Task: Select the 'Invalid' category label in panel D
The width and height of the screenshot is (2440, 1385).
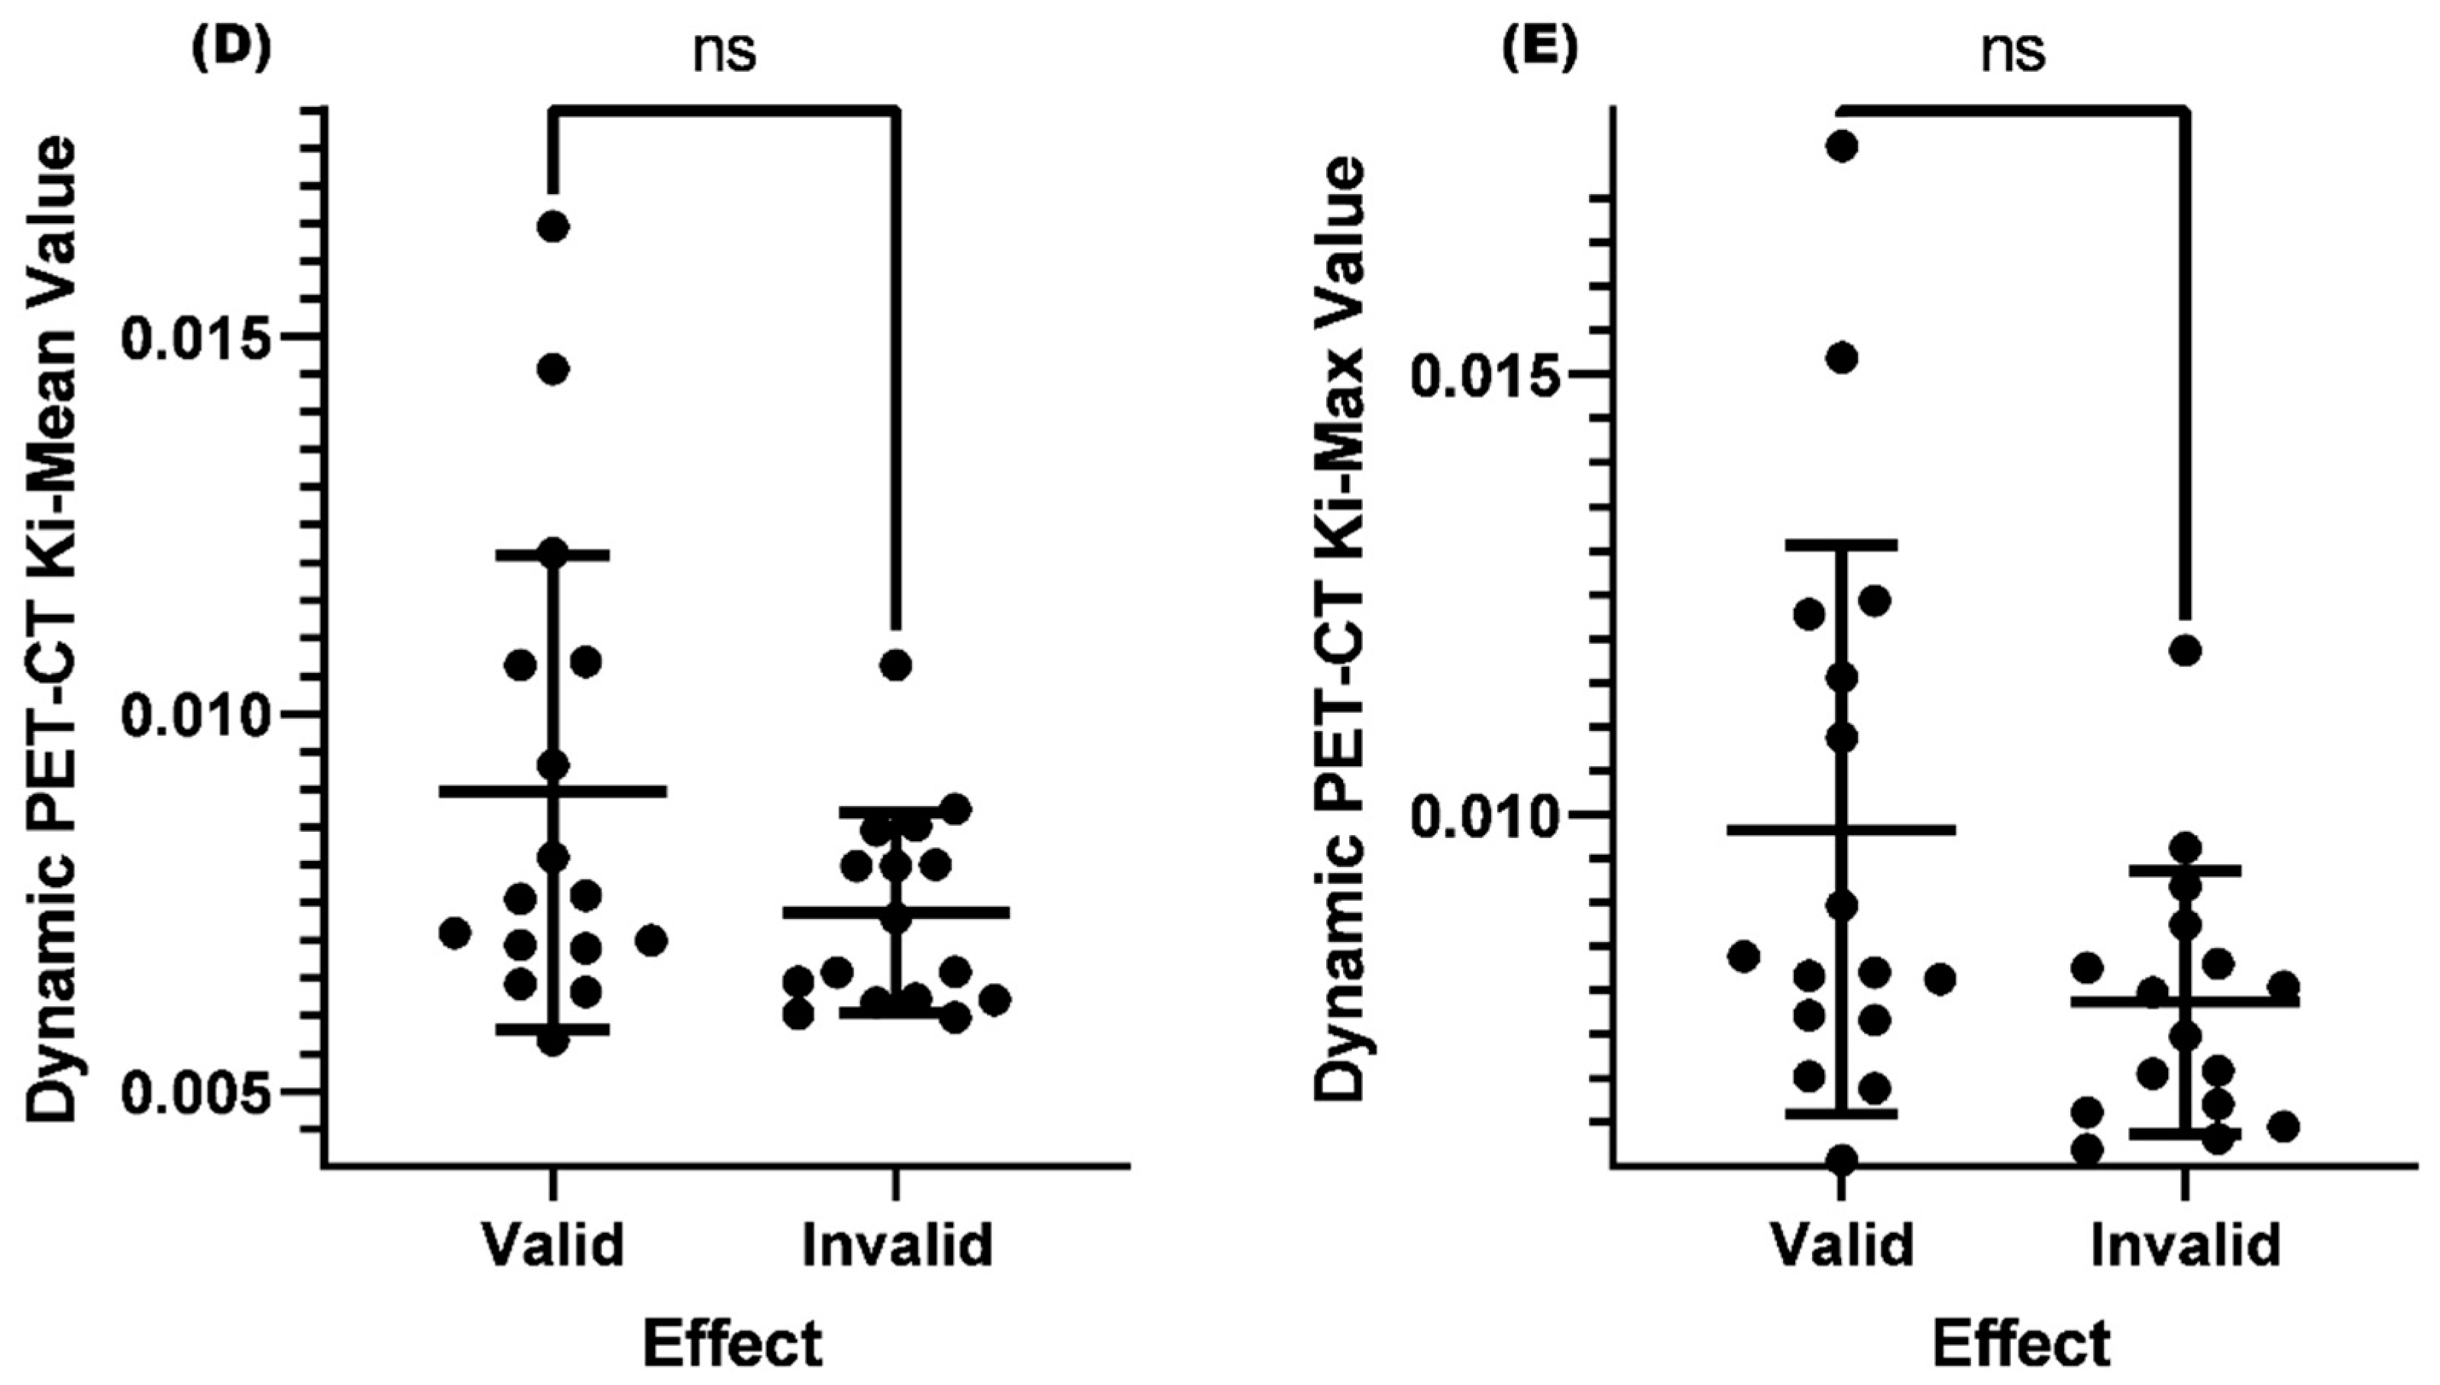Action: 896,1244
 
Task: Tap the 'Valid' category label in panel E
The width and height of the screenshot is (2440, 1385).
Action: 1842,1244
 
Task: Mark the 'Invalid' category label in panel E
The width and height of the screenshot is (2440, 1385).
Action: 2185,1244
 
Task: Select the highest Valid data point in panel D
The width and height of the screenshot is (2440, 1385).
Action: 552,226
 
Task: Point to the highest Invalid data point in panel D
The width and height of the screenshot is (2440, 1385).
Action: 895,665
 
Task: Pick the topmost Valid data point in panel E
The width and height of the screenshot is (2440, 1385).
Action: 1842,147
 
